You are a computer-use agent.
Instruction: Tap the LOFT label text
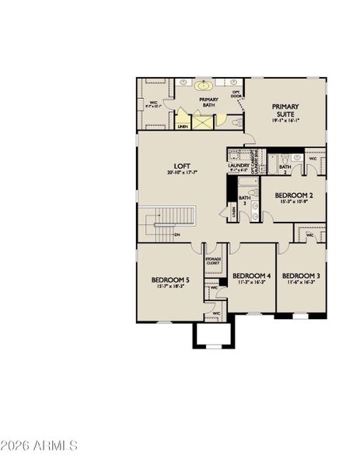(x=183, y=165)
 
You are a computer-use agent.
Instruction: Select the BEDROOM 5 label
(x=170, y=279)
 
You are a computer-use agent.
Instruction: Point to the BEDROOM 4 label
(x=251, y=276)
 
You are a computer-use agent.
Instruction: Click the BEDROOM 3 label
(x=299, y=276)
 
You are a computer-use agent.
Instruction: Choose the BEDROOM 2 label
(x=294, y=195)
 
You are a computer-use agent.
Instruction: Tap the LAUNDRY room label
(x=238, y=165)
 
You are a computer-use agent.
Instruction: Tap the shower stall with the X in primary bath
(x=202, y=121)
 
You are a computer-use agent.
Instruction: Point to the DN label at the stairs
(x=178, y=234)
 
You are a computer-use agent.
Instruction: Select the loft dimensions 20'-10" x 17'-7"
(x=183, y=173)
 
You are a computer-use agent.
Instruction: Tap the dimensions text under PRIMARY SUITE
(x=286, y=121)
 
